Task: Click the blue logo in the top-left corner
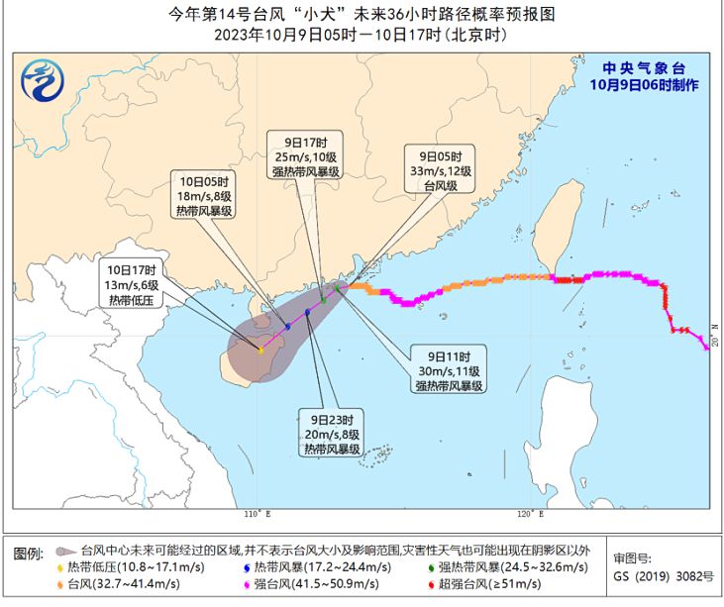pos(44,80)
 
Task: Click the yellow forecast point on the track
pos(259,350)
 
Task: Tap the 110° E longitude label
pos(256,515)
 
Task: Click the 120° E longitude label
pos(531,515)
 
